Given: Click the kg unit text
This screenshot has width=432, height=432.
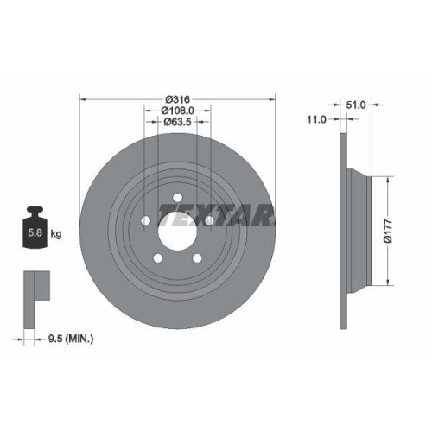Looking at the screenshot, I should point(56,233).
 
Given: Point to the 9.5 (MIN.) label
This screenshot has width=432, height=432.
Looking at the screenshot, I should point(70,339).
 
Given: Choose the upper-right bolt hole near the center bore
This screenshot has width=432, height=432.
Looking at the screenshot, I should point(207,220).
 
